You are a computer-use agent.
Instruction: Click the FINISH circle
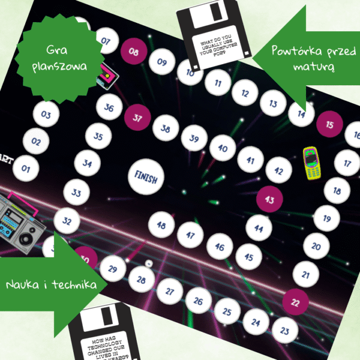[x=146, y=178]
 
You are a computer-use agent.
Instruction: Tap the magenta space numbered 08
[x=134, y=52]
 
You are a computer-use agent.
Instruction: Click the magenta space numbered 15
[x=329, y=125]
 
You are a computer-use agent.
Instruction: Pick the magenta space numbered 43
[x=269, y=199]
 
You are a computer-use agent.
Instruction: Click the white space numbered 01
[x=25, y=169]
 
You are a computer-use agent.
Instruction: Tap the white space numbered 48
[x=161, y=226]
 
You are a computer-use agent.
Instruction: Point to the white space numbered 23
[x=285, y=329]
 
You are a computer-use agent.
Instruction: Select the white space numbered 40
[x=223, y=148]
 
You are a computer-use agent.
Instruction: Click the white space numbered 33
[x=76, y=193]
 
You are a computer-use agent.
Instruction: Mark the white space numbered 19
[x=326, y=218]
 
